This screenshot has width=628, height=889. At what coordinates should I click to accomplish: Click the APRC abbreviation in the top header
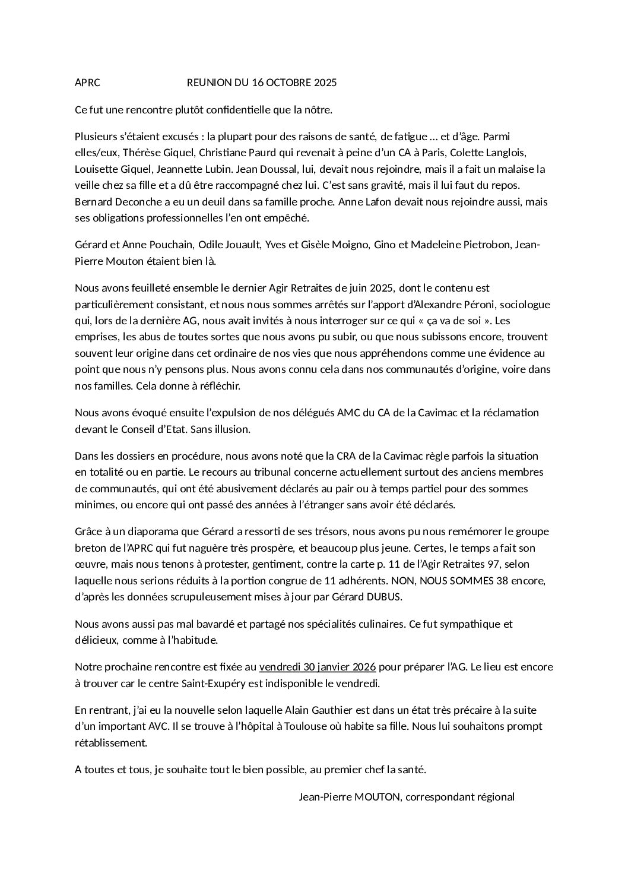(x=87, y=83)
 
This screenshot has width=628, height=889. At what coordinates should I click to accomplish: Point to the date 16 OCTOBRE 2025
(x=294, y=83)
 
